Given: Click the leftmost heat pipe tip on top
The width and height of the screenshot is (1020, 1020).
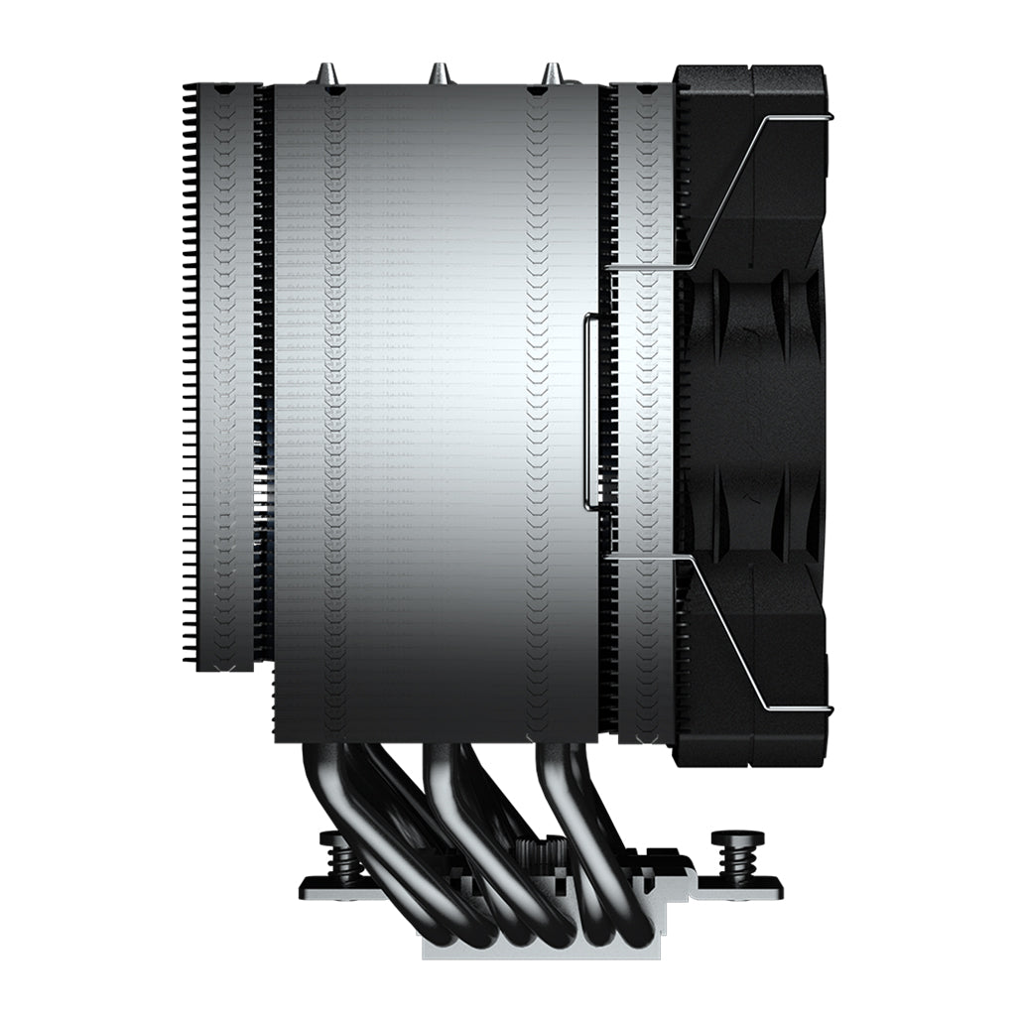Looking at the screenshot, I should pos(324,72).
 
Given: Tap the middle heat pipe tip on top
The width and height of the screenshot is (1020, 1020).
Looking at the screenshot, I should pos(437,72).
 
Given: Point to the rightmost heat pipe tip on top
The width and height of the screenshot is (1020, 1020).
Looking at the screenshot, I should pos(551,72).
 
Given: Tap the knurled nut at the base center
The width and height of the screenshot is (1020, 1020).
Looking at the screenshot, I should pos(543,851).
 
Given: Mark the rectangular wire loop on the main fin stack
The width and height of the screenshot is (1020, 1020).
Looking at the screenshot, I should pos(590,412).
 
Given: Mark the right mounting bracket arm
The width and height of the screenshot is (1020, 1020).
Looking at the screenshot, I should pos(739,886).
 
